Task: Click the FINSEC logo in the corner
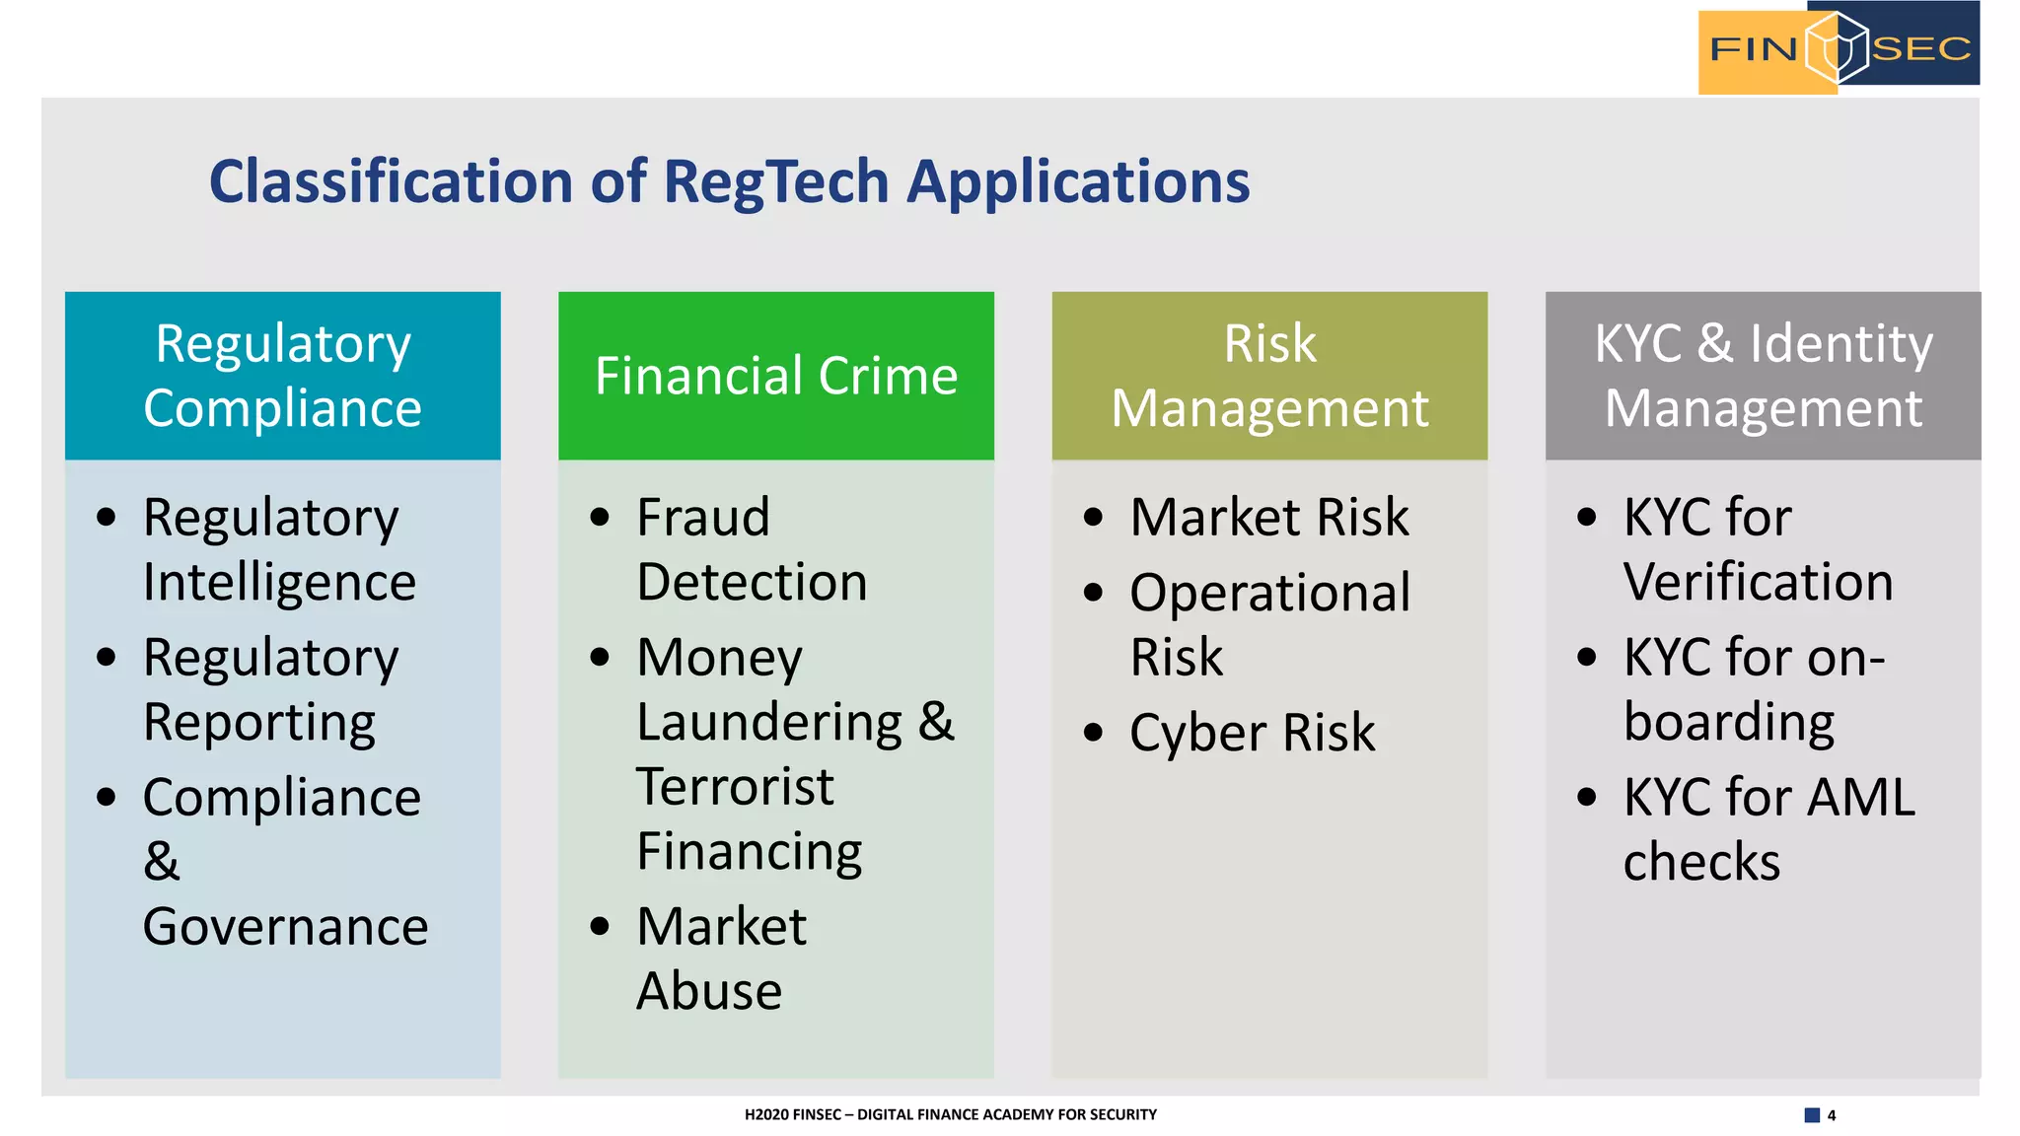(x=1839, y=47)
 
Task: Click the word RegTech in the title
(x=776, y=182)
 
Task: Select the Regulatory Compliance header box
(x=283, y=376)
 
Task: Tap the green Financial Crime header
(x=776, y=376)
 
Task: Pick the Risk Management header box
(x=1269, y=376)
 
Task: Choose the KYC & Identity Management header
(x=1763, y=376)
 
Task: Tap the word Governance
(x=285, y=927)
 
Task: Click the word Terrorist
(x=735, y=787)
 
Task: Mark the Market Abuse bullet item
(x=720, y=958)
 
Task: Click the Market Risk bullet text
(x=1269, y=518)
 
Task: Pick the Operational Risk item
(x=1269, y=624)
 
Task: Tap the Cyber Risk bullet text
(x=1252, y=733)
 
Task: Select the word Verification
(x=1758, y=582)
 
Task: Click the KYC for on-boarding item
(x=1753, y=689)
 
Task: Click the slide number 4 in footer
(x=1831, y=1115)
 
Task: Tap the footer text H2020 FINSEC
(x=792, y=1115)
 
